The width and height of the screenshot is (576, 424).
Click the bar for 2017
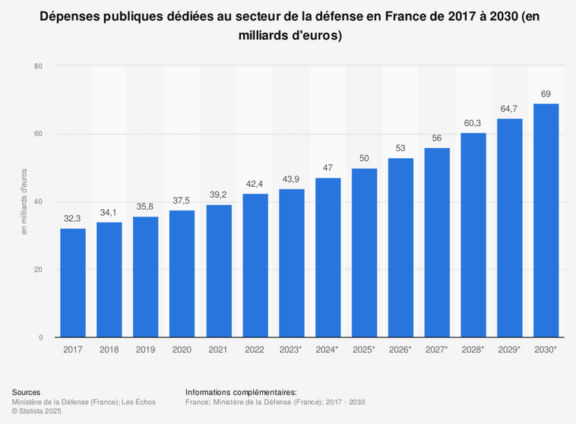73,283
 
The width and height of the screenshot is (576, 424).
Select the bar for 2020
182,274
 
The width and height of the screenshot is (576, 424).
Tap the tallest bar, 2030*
546,220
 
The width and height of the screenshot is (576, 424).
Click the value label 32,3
73,218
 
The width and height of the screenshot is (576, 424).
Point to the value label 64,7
510,109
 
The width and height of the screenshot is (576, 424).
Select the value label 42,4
255,184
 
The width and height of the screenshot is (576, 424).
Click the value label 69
546,93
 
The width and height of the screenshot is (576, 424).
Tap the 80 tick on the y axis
37,67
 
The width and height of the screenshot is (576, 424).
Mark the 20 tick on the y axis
37,270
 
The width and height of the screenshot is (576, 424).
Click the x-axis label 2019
146,350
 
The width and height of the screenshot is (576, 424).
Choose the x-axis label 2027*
437,350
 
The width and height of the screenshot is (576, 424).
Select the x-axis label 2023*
291,350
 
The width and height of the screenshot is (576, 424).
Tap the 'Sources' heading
27,392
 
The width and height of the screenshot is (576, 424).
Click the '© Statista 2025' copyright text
36,411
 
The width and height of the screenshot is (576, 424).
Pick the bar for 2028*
473,236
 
